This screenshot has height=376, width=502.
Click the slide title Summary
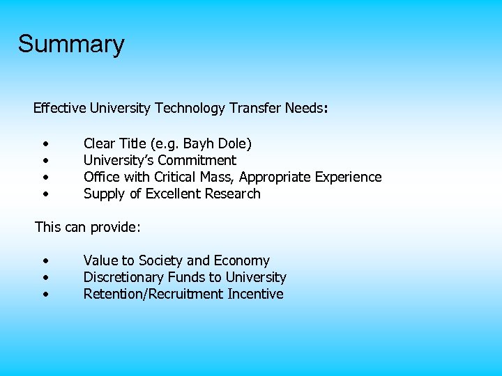point(71,44)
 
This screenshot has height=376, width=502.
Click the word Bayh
point(198,144)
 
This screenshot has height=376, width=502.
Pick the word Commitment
point(197,161)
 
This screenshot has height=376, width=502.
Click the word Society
point(160,261)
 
